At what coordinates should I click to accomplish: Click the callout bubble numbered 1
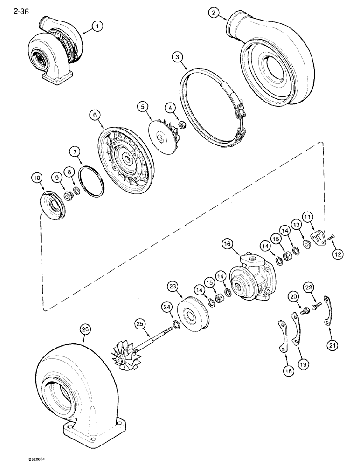[x=97, y=27]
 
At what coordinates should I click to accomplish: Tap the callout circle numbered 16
[x=227, y=243]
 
